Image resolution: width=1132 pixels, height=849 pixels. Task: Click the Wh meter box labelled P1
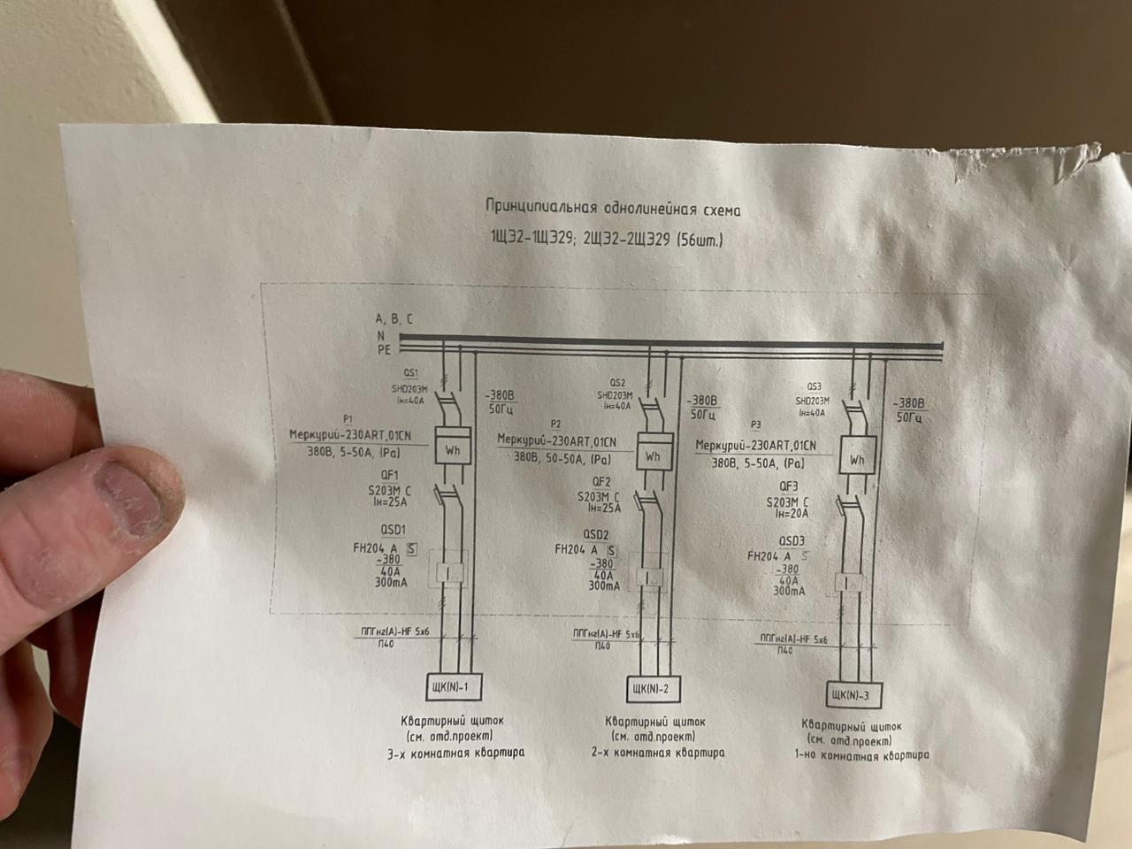click(453, 449)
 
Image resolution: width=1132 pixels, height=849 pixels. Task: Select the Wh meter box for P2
click(653, 455)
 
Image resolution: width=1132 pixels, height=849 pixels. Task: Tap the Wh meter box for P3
click(856, 459)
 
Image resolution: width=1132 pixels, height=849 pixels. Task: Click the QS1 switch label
click(410, 374)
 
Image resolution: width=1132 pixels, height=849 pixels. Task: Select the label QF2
click(602, 482)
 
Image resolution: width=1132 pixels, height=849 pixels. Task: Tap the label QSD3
click(792, 541)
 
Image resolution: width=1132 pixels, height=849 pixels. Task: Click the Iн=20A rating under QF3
click(792, 513)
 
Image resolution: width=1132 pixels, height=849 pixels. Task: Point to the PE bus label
click(384, 350)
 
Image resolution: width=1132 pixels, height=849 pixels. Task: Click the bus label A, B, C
click(394, 318)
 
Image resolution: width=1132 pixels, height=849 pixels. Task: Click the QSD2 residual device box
click(650, 576)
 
